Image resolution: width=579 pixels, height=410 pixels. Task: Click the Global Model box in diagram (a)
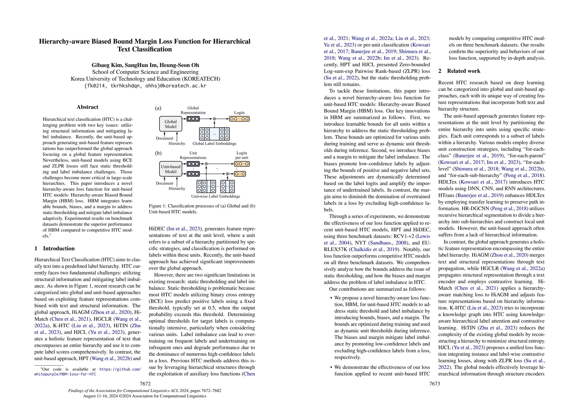pos(170,124)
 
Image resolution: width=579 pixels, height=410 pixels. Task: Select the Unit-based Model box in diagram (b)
pos(170,169)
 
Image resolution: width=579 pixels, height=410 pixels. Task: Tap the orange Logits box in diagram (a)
pos(239,119)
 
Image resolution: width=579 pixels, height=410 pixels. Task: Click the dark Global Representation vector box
pos(193,119)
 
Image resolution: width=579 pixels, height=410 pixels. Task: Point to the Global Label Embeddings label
pos(214,143)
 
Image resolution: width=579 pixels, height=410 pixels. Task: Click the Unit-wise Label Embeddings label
pos(215,196)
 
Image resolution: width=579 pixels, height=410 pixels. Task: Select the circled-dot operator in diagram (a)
pos(214,119)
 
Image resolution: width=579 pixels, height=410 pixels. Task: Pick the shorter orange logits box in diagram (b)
pos(240,174)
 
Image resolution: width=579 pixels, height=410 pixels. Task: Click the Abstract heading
pos(87,107)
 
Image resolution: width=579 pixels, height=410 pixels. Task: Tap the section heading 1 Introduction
pos(54,248)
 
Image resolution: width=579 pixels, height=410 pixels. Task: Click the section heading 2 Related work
pos(459,71)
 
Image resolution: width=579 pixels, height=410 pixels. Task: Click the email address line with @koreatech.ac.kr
pos(145,86)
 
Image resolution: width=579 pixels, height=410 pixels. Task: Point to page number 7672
pos(145,384)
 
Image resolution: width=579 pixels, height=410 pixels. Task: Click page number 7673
pos(435,384)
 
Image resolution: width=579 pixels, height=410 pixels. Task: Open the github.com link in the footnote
pos(120,369)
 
